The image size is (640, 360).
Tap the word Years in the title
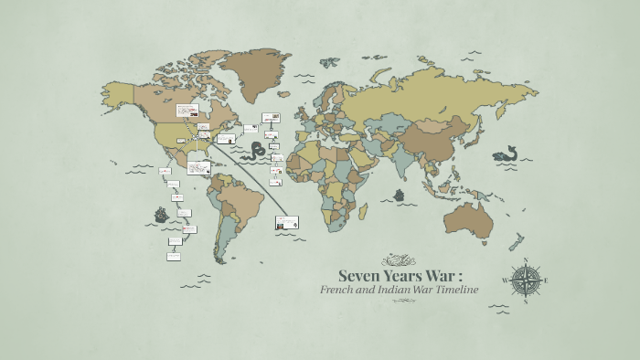[406, 275]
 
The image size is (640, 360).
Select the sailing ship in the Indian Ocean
[399, 196]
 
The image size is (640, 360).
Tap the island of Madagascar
[363, 212]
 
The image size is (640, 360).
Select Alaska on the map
[117, 91]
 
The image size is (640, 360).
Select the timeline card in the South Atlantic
[287, 222]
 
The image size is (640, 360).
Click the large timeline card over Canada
[187, 111]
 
